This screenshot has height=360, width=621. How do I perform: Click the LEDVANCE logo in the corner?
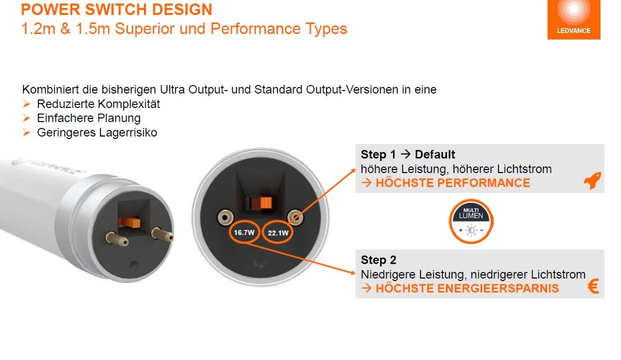[x=573, y=19]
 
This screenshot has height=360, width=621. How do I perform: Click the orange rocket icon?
[x=592, y=181]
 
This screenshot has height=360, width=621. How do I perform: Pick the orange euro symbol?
[x=593, y=287]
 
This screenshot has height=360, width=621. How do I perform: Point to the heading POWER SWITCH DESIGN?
[x=117, y=10]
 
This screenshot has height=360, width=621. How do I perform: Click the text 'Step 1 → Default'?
[x=408, y=155]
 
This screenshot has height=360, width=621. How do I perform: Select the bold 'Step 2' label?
[x=379, y=260]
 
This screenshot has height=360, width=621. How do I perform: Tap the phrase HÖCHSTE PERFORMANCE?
[x=453, y=183]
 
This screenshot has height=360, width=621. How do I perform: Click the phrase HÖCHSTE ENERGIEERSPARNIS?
[x=467, y=289]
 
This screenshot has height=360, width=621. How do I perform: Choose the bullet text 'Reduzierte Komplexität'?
[x=99, y=104]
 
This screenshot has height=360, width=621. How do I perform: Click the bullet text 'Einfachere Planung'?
[x=89, y=118]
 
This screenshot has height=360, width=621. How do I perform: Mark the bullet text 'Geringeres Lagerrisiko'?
[x=97, y=132]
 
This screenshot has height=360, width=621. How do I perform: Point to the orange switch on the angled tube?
[x=129, y=222]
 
